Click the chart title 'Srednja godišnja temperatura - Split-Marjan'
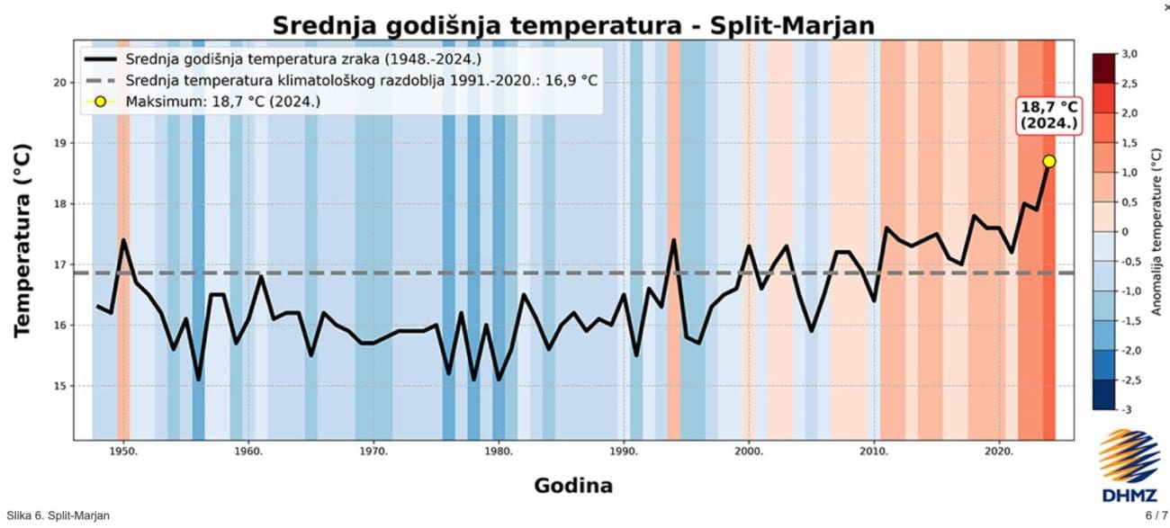(x=572, y=24)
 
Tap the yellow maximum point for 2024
(x=1048, y=161)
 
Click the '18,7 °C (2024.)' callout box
(x=1048, y=116)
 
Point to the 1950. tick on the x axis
(x=123, y=451)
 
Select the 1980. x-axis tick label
(x=499, y=451)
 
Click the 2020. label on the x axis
(x=999, y=451)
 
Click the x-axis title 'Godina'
(x=573, y=486)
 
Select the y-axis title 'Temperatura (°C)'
(x=24, y=239)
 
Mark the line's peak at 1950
(x=123, y=240)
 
